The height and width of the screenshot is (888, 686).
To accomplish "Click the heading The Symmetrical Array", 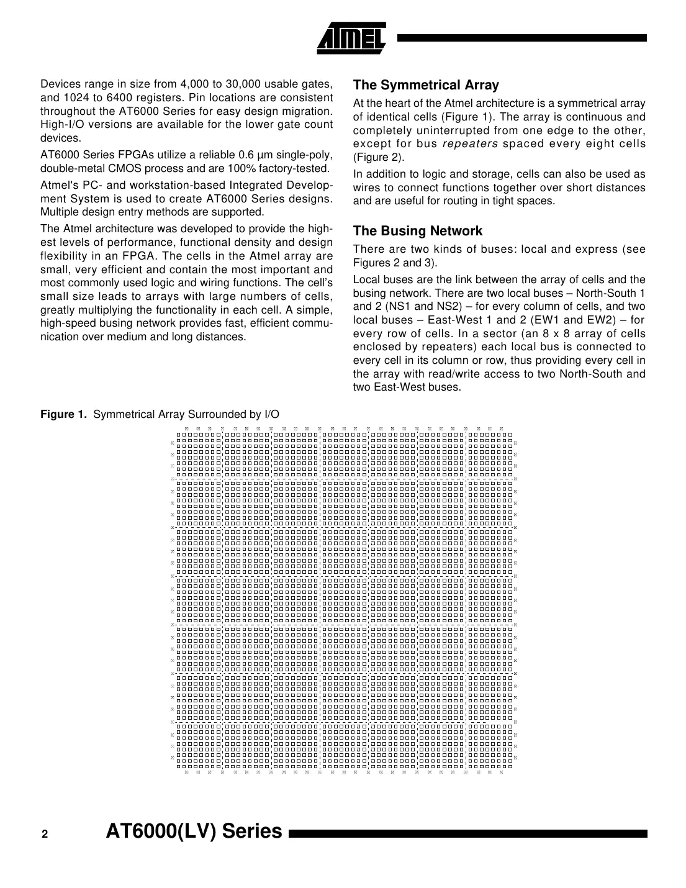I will pos(425,85).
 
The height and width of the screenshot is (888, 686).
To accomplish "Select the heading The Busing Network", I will pos(417,231).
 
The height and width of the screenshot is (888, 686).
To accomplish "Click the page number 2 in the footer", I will pos(45,835).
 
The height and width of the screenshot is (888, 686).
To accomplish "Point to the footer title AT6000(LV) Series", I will pos(194,831).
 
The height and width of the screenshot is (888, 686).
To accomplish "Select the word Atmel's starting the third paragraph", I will pos(58,185).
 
